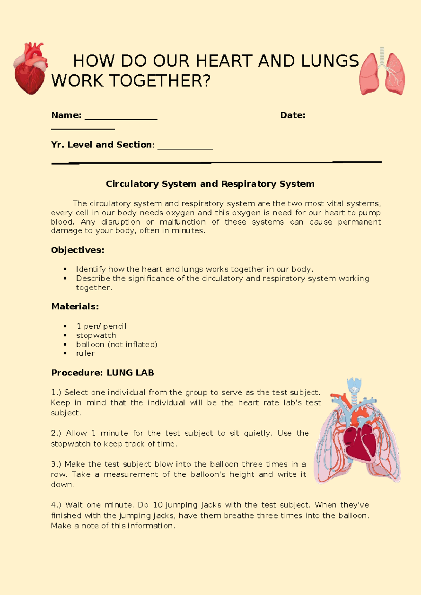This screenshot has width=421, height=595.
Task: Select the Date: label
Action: coord(293,115)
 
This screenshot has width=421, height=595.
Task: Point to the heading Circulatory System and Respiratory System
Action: coord(210,184)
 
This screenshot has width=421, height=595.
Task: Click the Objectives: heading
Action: coord(78,250)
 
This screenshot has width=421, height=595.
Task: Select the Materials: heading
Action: coord(75,306)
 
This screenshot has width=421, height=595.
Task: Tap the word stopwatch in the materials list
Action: coord(96,335)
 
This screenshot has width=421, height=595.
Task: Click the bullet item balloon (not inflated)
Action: coord(116,345)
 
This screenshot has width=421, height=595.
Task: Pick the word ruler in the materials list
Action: coord(85,353)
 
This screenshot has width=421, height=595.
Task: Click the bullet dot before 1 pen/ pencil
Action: coord(65,326)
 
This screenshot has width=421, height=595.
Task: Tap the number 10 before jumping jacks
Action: coord(158,505)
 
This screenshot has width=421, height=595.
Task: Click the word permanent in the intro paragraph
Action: coord(359,222)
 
